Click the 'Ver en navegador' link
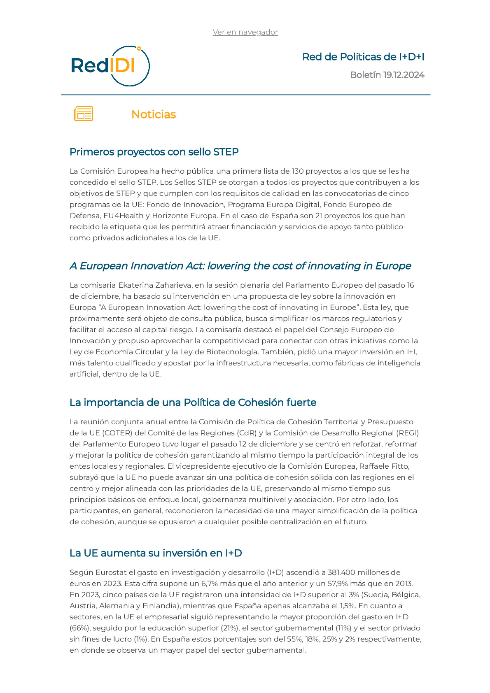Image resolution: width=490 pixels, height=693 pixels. coord(245,32)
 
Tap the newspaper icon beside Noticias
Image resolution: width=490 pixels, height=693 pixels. coord(84,114)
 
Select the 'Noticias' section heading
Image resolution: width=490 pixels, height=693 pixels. coord(154,114)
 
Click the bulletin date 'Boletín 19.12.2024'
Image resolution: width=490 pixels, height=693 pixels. coord(387,75)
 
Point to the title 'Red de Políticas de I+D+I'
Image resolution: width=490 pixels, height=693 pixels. coord(363,57)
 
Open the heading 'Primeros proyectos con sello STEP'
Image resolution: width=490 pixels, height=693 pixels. coord(154,152)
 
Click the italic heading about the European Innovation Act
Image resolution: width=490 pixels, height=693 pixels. coord(240,266)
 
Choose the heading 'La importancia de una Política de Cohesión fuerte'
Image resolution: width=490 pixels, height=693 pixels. coord(193,402)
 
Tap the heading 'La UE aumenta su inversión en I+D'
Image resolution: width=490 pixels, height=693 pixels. coord(156,553)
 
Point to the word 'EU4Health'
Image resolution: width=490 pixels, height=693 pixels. coord(123,216)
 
